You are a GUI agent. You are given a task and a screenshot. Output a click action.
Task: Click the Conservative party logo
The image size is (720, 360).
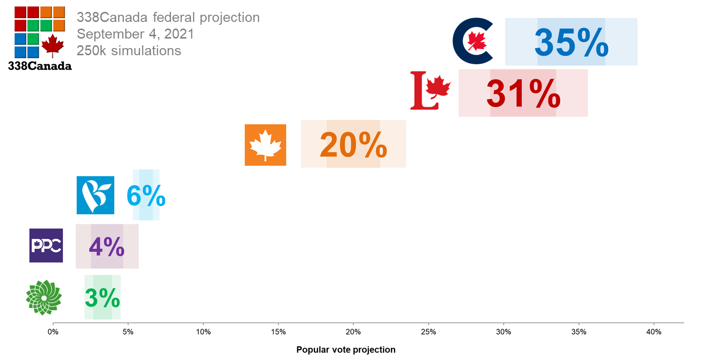(472, 41)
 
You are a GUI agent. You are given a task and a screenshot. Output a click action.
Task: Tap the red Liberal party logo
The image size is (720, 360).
(430, 90)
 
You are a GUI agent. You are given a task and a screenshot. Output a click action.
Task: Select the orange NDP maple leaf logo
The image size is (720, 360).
(265, 145)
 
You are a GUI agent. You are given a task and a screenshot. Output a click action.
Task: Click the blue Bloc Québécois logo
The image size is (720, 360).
(95, 195)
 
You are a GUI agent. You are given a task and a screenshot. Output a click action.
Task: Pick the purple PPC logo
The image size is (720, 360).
(46, 245)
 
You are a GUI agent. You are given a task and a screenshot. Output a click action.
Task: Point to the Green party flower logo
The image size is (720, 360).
(44, 298)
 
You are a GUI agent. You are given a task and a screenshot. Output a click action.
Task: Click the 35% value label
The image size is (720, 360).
(571, 43)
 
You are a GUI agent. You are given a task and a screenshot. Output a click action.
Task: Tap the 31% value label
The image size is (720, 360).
(523, 94)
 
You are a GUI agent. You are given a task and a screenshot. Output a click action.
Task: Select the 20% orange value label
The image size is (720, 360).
(353, 145)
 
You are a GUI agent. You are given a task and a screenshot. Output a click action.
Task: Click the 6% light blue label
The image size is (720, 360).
(146, 196)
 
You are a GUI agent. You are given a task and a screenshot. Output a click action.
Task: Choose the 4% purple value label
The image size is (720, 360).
(107, 246)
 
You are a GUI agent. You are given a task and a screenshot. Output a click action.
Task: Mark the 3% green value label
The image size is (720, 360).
(102, 298)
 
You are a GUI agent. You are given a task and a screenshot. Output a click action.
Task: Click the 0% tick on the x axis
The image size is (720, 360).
(53, 332)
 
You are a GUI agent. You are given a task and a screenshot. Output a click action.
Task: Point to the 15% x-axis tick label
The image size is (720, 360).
(278, 332)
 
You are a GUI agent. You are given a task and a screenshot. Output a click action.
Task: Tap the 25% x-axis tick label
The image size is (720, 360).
(429, 332)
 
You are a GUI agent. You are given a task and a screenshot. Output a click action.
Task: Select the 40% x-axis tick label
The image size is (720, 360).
(654, 332)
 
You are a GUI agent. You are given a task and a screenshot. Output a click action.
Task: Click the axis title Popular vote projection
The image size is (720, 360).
(346, 350)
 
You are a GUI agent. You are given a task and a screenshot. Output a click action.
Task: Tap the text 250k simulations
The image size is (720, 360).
(129, 50)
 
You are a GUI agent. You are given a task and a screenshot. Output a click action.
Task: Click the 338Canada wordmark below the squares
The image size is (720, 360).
(40, 66)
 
